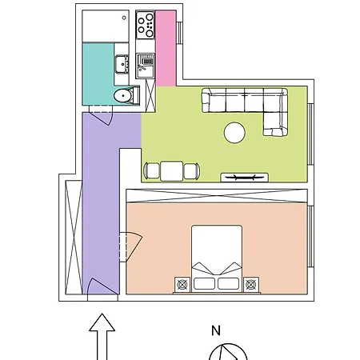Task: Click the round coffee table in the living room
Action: click(234, 133)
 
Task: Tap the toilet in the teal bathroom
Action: click(126, 95)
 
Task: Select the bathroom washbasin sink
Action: click(122, 64)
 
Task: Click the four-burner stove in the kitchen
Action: click(146, 25)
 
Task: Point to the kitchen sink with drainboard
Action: click(146, 66)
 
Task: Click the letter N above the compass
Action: click(216, 330)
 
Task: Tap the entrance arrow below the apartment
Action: click(102, 337)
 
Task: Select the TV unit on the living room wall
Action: click(244, 178)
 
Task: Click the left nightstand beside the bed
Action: click(182, 285)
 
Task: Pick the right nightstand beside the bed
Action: click(251, 285)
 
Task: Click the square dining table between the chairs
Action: click(172, 171)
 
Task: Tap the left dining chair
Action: click(152, 171)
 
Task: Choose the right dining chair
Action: click(191, 171)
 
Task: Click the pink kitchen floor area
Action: click(166, 48)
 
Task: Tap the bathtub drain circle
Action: click(124, 18)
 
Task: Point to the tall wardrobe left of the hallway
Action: click(74, 238)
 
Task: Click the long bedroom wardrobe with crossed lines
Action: click(217, 196)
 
